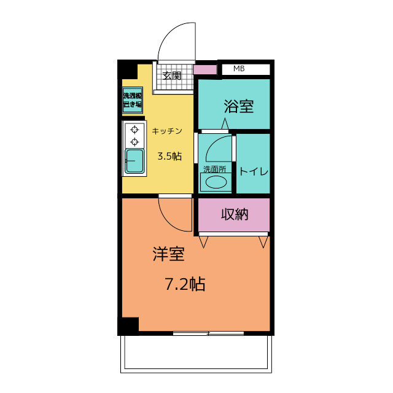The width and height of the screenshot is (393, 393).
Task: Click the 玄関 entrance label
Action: pyautogui.click(x=172, y=76)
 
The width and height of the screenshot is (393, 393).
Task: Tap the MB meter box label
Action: pyautogui.click(x=239, y=69)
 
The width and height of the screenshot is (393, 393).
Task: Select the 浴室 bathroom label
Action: pyautogui.click(x=238, y=106)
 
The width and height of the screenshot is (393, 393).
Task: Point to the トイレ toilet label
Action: pyautogui.click(x=254, y=171)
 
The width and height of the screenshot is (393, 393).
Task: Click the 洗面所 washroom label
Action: pyautogui.click(x=214, y=169)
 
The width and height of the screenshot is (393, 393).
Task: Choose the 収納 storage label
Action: pyautogui.click(x=234, y=214)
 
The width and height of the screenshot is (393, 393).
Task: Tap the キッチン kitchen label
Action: pyautogui.click(x=166, y=131)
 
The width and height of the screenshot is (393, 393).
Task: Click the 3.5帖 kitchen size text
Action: pyautogui.click(x=169, y=156)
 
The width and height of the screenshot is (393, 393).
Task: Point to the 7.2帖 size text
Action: pyautogui.click(x=184, y=284)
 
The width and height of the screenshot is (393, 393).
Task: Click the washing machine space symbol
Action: pyautogui.click(x=132, y=100)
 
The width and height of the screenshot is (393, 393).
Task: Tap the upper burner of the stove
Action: pyautogui.click(x=134, y=130)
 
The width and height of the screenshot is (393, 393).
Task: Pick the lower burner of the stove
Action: pyautogui.click(x=134, y=142)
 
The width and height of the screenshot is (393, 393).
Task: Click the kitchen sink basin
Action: pyautogui.click(x=134, y=161)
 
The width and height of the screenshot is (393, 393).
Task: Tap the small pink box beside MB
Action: pyautogui.click(x=205, y=69)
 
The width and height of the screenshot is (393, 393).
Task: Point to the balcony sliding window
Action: pyautogui.click(x=209, y=333)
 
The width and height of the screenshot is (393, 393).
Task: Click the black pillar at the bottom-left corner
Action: pyautogui.click(x=128, y=325)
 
